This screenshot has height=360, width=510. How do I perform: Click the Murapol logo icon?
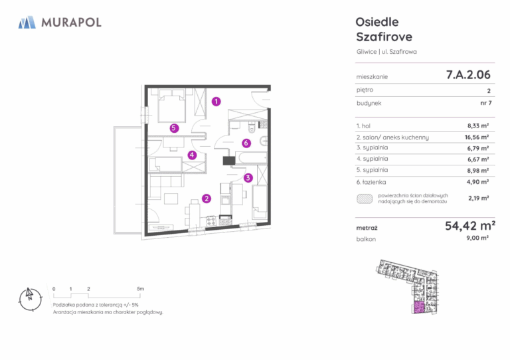pyautogui.click(x=27, y=23)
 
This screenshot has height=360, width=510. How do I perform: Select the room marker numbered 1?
pyautogui.click(x=216, y=102)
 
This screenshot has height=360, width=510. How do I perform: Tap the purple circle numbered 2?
pyautogui.click(x=207, y=199)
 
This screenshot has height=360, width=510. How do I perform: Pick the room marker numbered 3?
pyautogui.click(x=248, y=177)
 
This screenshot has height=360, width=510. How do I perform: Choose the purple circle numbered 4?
pyautogui.click(x=192, y=155)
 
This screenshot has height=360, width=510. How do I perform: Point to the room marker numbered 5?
pyautogui.click(x=174, y=128)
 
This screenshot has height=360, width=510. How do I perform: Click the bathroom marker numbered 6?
pyautogui.click(x=246, y=143)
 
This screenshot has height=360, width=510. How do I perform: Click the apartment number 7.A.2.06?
pyautogui.click(x=468, y=75)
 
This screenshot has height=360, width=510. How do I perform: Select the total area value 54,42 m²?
pyautogui.click(x=470, y=225)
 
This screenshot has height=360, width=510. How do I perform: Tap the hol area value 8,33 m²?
pyautogui.click(x=478, y=126)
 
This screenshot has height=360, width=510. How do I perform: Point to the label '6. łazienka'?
pyautogui.click(x=371, y=182)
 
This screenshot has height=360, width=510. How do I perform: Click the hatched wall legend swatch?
pyautogui.click(x=365, y=199)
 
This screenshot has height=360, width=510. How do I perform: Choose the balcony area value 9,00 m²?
pyautogui.click(x=477, y=238)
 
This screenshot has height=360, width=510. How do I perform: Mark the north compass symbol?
pyautogui.click(x=31, y=300)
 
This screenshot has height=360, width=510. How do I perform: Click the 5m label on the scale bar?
pyautogui.click(x=140, y=289)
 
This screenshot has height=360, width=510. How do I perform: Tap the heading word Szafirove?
pyautogui.click(x=384, y=37)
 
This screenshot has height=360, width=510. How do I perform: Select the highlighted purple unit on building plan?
pyautogui.click(x=419, y=307)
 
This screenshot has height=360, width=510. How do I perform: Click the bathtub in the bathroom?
pyautogui.click(x=251, y=158)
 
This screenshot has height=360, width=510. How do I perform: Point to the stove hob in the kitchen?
pyautogui.click(x=211, y=221)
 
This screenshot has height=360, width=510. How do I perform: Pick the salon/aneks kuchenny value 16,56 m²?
pyautogui.click(x=477, y=137)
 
